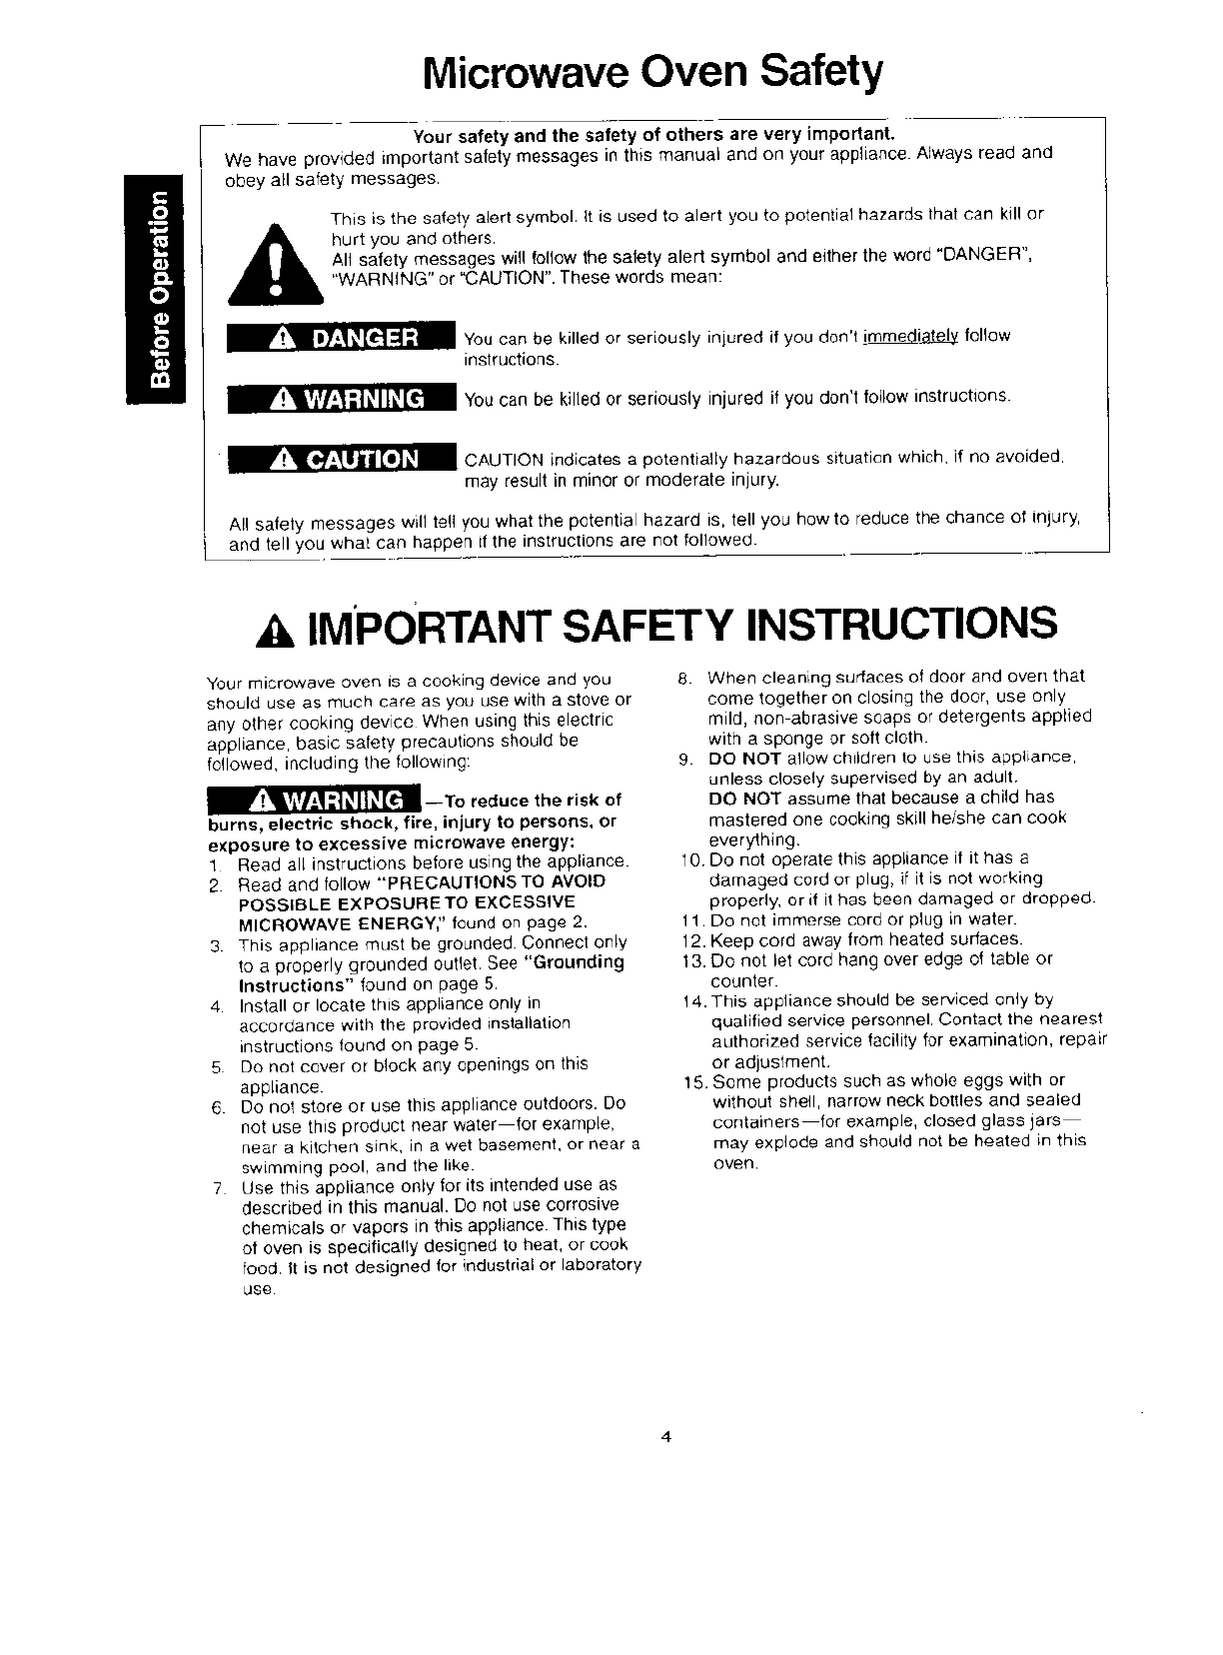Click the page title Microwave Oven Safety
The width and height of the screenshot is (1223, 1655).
pos(653,72)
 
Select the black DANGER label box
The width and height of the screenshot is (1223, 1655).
pos(341,338)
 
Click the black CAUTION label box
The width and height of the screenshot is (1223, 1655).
pos(341,459)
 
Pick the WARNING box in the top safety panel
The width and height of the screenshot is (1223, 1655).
pos(341,399)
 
